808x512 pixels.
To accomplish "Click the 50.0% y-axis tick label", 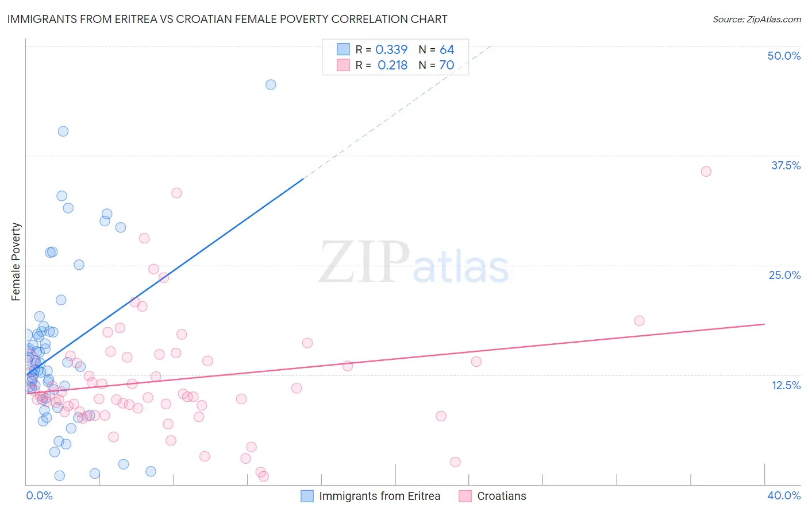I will click(783, 56).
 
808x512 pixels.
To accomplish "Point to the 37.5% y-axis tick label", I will click(785, 165).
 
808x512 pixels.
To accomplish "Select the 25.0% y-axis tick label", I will click(784, 275).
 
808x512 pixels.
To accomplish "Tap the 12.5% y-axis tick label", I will click(786, 385).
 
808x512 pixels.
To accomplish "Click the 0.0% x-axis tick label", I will click(39, 495).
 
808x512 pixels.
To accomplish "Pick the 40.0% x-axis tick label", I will click(783, 495).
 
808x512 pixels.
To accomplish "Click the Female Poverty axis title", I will click(16, 262).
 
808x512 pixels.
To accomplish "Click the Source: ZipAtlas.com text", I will click(756, 19).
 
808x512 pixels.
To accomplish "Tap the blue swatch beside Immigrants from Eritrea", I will click(307, 496).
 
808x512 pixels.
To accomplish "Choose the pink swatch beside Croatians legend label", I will click(465, 496).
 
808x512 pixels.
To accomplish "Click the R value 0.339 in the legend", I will click(391, 50).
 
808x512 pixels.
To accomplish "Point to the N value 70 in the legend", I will click(447, 65).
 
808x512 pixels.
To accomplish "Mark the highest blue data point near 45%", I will click(271, 84).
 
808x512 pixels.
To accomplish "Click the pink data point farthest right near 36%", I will click(706, 171).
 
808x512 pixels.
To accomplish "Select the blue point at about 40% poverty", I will click(63, 131).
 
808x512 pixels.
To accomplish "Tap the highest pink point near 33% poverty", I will click(176, 193).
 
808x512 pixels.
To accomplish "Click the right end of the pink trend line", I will click(764, 324).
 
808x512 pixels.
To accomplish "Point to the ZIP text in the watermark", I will click(364, 262).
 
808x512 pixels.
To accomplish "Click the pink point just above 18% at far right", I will click(639, 320).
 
